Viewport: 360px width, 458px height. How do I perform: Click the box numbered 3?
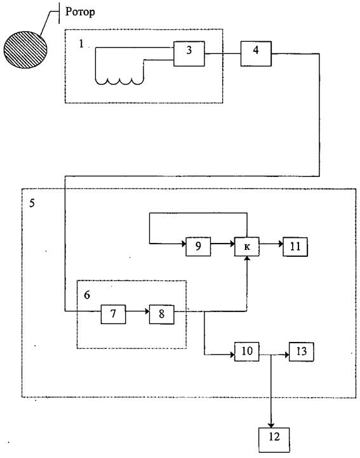pyautogui.click(x=189, y=54)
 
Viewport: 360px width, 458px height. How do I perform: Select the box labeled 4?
pyautogui.click(x=256, y=54)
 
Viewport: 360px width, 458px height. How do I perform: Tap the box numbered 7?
pyautogui.click(x=114, y=314)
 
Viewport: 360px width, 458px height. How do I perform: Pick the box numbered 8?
pyautogui.click(x=162, y=314)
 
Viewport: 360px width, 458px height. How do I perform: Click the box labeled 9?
pyautogui.click(x=198, y=247)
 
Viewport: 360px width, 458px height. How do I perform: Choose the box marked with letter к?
pyautogui.click(x=247, y=247)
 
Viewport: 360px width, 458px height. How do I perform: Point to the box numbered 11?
pyautogui.click(x=295, y=247)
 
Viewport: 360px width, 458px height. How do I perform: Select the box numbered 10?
pyautogui.click(x=247, y=351)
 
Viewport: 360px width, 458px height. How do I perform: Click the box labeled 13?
pyautogui.click(x=302, y=351)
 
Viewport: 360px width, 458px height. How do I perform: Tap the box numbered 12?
pyautogui.click(x=274, y=440)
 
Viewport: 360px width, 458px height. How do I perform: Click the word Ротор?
pyautogui.click(x=80, y=12)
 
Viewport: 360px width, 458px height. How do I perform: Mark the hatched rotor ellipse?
pyautogui.click(x=25, y=49)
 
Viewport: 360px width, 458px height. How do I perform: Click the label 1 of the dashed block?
pyautogui.click(x=81, y=44)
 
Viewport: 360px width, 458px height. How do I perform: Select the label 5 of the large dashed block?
pyautogui.click(x=32, y=203)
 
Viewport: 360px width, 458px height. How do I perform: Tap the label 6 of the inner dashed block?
pyautogui.click(x=87, y=295)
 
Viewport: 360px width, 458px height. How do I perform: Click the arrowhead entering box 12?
pyautogui.click(x=271, y=425)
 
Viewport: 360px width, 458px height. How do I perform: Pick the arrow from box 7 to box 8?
pyautogui.click(x=137, y=311)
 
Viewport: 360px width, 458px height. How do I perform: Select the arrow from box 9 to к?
pyautogui.click(x=223, y=244)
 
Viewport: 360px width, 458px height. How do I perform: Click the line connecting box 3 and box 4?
pyautogui.click(x=223, y=53)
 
